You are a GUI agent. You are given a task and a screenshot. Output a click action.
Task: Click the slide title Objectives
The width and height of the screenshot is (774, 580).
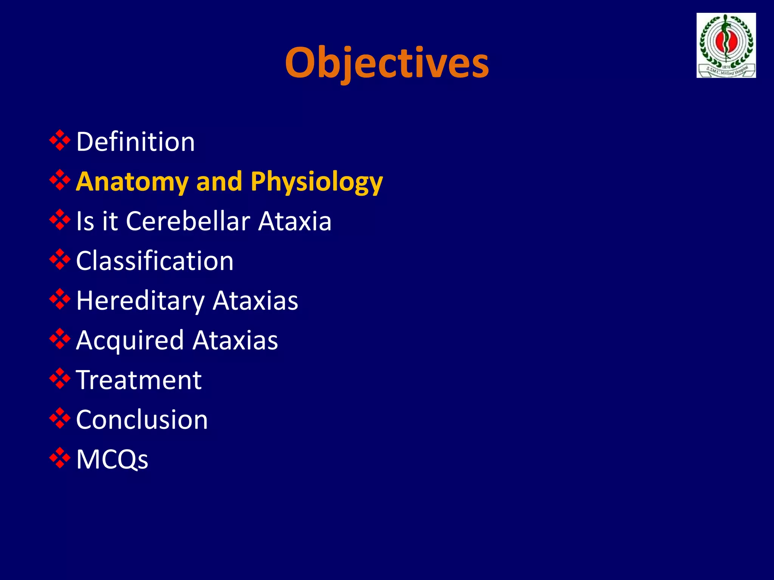(387, 62)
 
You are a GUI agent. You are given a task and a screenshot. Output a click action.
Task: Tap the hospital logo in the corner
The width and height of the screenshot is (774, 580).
(726, 46)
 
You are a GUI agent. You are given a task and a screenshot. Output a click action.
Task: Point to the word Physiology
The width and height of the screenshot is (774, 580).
(316, 182)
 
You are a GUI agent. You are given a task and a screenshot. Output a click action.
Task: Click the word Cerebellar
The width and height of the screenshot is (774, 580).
(188, 221)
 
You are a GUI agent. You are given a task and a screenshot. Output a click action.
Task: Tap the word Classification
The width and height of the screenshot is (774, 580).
(155, 261)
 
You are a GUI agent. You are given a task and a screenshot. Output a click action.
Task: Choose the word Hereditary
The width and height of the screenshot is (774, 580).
(140, 301)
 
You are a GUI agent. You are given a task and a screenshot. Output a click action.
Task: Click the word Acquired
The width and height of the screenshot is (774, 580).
(130, 341)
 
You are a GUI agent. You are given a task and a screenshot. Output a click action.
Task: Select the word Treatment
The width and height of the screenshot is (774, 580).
(139, 380)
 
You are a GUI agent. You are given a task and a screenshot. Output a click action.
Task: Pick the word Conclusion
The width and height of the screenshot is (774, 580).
(142, 420)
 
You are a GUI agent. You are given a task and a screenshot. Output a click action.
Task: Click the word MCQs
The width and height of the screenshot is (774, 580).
(112, 460)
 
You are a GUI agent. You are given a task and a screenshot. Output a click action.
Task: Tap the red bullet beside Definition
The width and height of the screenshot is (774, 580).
(60, 140)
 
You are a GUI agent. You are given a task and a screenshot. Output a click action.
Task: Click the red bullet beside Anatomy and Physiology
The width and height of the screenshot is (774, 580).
(60, 180)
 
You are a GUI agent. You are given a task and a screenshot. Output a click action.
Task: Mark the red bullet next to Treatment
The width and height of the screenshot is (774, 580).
(60, 379)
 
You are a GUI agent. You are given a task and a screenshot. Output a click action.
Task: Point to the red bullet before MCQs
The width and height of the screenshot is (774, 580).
(60, 458)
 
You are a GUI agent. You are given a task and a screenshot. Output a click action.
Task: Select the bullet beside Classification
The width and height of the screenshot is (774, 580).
(60, 260)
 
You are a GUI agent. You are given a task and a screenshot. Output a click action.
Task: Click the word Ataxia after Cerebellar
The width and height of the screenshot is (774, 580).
(295, 221)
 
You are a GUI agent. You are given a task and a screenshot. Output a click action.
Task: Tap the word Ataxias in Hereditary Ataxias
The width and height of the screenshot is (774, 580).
(255, 301)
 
